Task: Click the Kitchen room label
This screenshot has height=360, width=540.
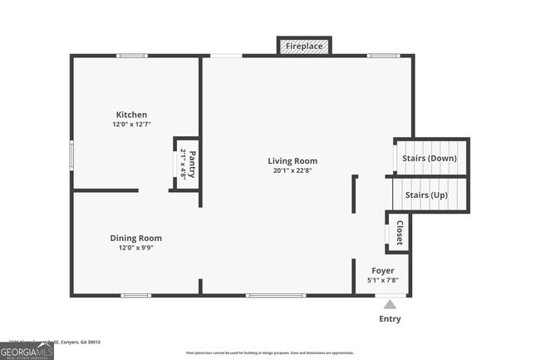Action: pyautogui.click(x=131, y=115)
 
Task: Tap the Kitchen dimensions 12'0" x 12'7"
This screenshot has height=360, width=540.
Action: pyautogui.click(x=131, y=125)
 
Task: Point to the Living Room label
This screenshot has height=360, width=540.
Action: pyautogui.click(x=292, y=160)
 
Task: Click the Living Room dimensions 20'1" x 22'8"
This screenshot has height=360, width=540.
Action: pyautogui.click(x=292, y=170)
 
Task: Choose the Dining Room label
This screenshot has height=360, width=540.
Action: pyautogui.click(x=136, y=238)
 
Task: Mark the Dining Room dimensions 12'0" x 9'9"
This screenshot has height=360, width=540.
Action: pyautogui.click(x=136, y=248)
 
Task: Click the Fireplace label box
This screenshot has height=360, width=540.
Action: pyautogui.click(x=304, y=47)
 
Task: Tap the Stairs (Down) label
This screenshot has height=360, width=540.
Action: pyautogui.click(x=429, y=157)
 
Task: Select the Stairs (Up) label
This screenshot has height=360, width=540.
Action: pyautogui.click(x=426, y=195)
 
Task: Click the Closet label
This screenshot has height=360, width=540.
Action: pyautogui.click(x=400, y=233)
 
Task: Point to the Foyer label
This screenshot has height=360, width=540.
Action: pyautogui.click(x=383, y=270)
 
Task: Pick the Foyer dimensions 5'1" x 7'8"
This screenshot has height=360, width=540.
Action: pyautogui.click(x=383, y=280)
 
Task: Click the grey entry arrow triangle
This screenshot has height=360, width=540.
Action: pyautogui.click(x=390, y=304)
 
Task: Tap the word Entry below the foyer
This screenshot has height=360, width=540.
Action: pyautogui.click(x=390, y=318)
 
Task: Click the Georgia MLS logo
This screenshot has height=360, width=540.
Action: pyautogui.click(x=27, y=350)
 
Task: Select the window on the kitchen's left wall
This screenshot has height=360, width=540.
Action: pyautogui.click(x=71, y=153)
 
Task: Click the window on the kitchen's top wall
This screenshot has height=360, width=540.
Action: pyautogui.click(x=132, y=56)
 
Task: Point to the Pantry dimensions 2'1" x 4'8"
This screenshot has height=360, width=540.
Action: pyautogui.click(x=183, y=164)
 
